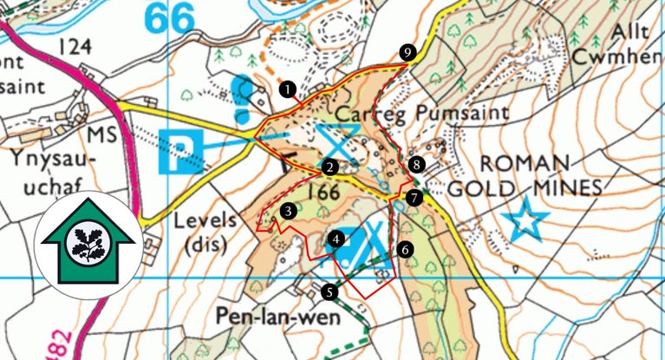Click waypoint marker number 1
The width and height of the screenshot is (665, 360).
click(x=288, y=88)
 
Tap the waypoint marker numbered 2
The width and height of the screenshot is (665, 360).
click(x=329, y=167)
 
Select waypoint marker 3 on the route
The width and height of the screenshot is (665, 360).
click(x=288, y=210)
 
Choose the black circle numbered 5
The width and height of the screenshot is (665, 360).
click(x=329, y=291)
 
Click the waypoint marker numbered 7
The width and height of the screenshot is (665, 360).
click(x=414, y=198)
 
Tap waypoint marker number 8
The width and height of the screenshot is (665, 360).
click(x=417, y=164)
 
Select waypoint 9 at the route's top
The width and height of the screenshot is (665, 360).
click(x=407, y=52)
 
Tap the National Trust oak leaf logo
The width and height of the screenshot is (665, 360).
click(x=85, y=245)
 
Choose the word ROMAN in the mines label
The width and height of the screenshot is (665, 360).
click(x=525, y=164)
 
